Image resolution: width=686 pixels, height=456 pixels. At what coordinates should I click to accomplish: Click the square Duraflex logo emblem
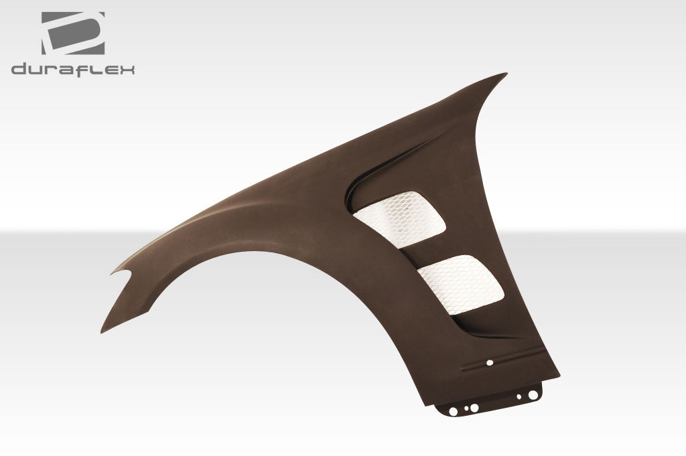73,33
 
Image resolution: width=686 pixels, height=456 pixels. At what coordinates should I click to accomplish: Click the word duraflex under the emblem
73,69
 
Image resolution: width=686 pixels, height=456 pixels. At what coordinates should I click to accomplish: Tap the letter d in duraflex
18,69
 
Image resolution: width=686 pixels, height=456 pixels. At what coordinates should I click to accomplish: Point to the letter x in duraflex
127,70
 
